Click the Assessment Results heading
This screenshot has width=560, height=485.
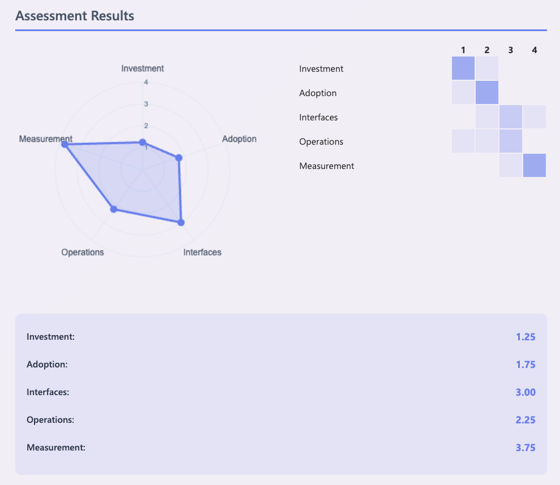[75, 15]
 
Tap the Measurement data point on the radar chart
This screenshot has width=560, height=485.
[64, 145]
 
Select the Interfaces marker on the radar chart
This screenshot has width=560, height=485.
[181, 222]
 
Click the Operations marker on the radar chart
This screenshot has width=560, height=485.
[113, 209]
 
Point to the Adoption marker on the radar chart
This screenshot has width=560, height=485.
[179, 158]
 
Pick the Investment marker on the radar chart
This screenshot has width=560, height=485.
[143, 142]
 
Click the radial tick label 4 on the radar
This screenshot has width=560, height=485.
[145, 83]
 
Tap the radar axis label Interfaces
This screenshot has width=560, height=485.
[202, 252]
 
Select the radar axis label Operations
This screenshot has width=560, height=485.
[83, 252]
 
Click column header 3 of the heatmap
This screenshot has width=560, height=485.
[511, 50]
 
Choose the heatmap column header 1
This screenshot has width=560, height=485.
[463, 50]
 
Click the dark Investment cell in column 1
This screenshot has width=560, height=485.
[463, 68]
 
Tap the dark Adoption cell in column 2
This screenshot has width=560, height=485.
[487, 93]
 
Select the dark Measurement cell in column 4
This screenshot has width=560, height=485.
[535, 166]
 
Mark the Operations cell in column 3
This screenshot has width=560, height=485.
[511, 141]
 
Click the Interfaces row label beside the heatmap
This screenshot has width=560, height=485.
[318, 118]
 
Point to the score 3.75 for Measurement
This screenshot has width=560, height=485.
[525, 448]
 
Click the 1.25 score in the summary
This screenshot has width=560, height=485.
[525, 337]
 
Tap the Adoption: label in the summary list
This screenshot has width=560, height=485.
[47, 365]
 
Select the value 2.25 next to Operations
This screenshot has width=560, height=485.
[525, 420]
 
